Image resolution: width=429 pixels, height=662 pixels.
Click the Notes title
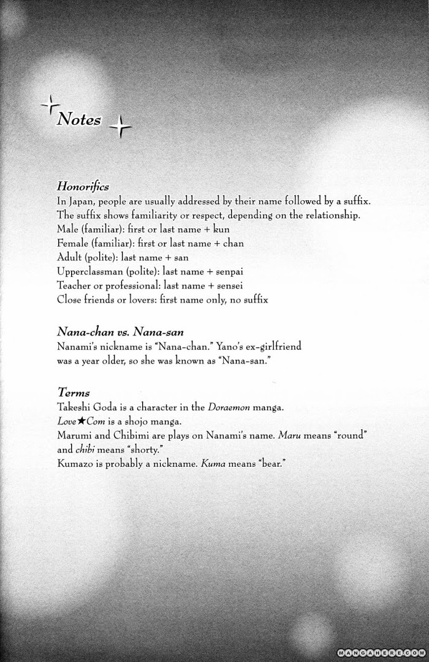point(78,119)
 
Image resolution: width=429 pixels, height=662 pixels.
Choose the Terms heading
point(73,392)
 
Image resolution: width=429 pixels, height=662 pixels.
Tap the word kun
point(221,229)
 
